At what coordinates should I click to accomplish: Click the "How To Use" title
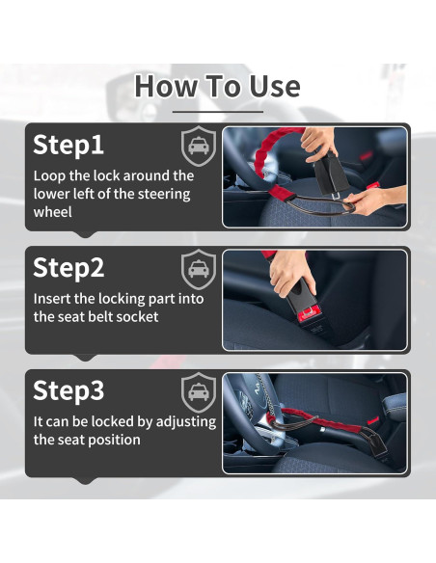pyautogui.click(x=217, y=86)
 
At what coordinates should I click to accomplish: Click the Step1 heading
pyautogui.click(x=68, y=145)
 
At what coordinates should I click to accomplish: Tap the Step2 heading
pyautogui.click(x=68, y=268)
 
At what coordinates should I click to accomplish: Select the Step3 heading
pyautogui.click(x=68, y=390)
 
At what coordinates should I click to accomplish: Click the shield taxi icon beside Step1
pyautogui.click(x=199, y=146)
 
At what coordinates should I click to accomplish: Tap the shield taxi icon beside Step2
pyautogui.click(x=199, y=269)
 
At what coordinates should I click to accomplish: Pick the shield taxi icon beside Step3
pyautogui.click(x=199, y=392)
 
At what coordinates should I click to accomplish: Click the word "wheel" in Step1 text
pyautogui.click(x=53, y=212)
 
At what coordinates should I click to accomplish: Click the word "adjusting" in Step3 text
pyautogui.click(x=186, y=422)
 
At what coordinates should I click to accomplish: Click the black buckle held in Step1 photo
pyautogui.click(x=331, y=174)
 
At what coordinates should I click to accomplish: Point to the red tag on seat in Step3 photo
pyautogui.click(x=372, y=420)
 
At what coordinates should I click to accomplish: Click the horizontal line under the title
pyautogui.click(x=218, y=112)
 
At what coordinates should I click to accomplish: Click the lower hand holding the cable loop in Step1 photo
pyautogui.click(x=373, y=201)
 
